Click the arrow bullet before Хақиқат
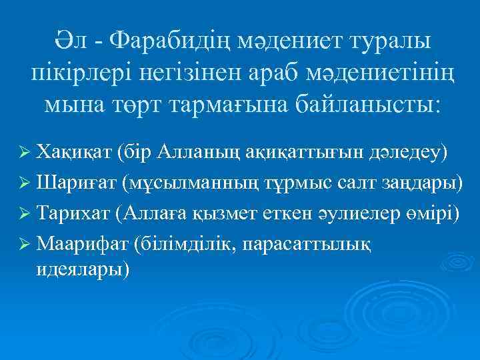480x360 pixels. [x=27, y=153]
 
